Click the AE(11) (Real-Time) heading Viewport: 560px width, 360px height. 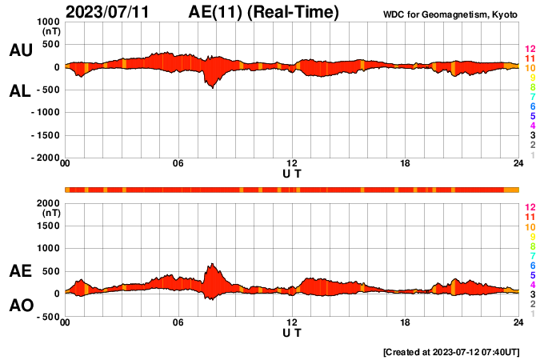point(265,12)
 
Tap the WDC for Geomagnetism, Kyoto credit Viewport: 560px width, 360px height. point(450,14)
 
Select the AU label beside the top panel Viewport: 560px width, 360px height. point(21,50)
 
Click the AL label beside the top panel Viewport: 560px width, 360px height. point(21,92)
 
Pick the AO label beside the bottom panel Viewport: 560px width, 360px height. point(21,306)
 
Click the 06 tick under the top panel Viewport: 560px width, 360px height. point(178,164)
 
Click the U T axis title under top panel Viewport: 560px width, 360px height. point(292,174)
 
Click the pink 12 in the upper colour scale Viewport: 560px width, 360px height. point(530,49)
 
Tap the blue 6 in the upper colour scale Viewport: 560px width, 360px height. point(532,106)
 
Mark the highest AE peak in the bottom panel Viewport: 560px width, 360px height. point(211,264)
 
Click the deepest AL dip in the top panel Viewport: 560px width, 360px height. point(212,88)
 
